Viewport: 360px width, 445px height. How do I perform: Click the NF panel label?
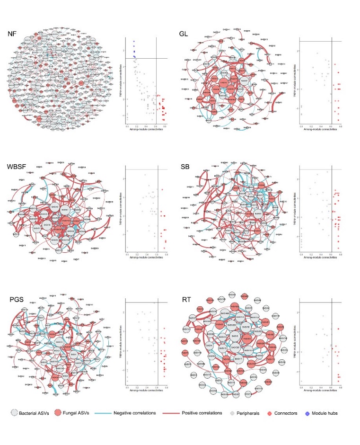click(13, 34)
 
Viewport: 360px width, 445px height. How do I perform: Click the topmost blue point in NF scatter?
click(134, 41)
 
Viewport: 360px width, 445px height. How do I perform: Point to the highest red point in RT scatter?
click(339, 329)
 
